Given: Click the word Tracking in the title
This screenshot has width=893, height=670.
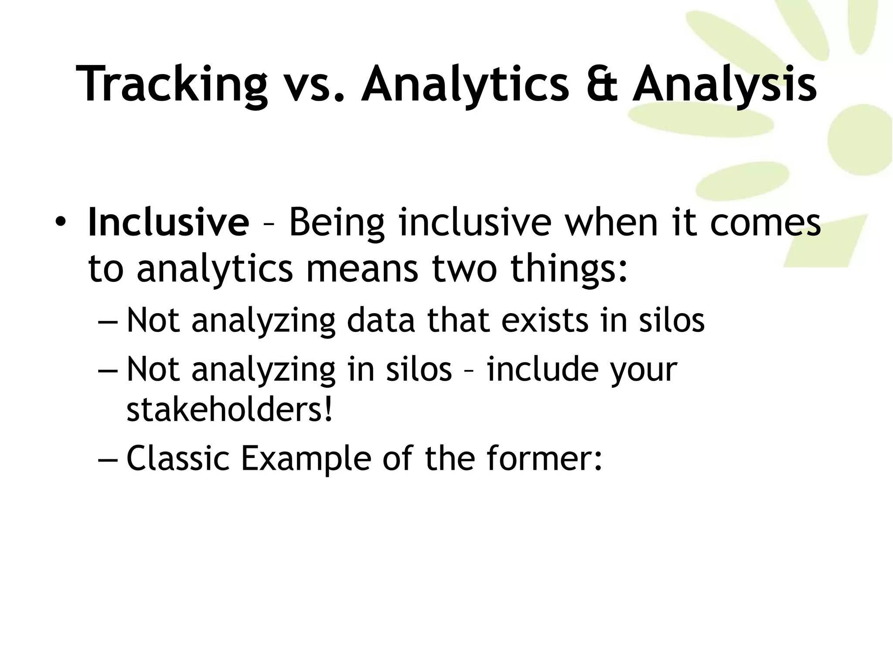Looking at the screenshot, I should (171, 84).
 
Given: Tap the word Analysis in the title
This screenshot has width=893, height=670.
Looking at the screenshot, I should (724, 84).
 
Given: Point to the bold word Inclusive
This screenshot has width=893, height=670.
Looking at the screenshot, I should (168, 222).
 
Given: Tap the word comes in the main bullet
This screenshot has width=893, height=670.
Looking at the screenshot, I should (765, 223).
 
